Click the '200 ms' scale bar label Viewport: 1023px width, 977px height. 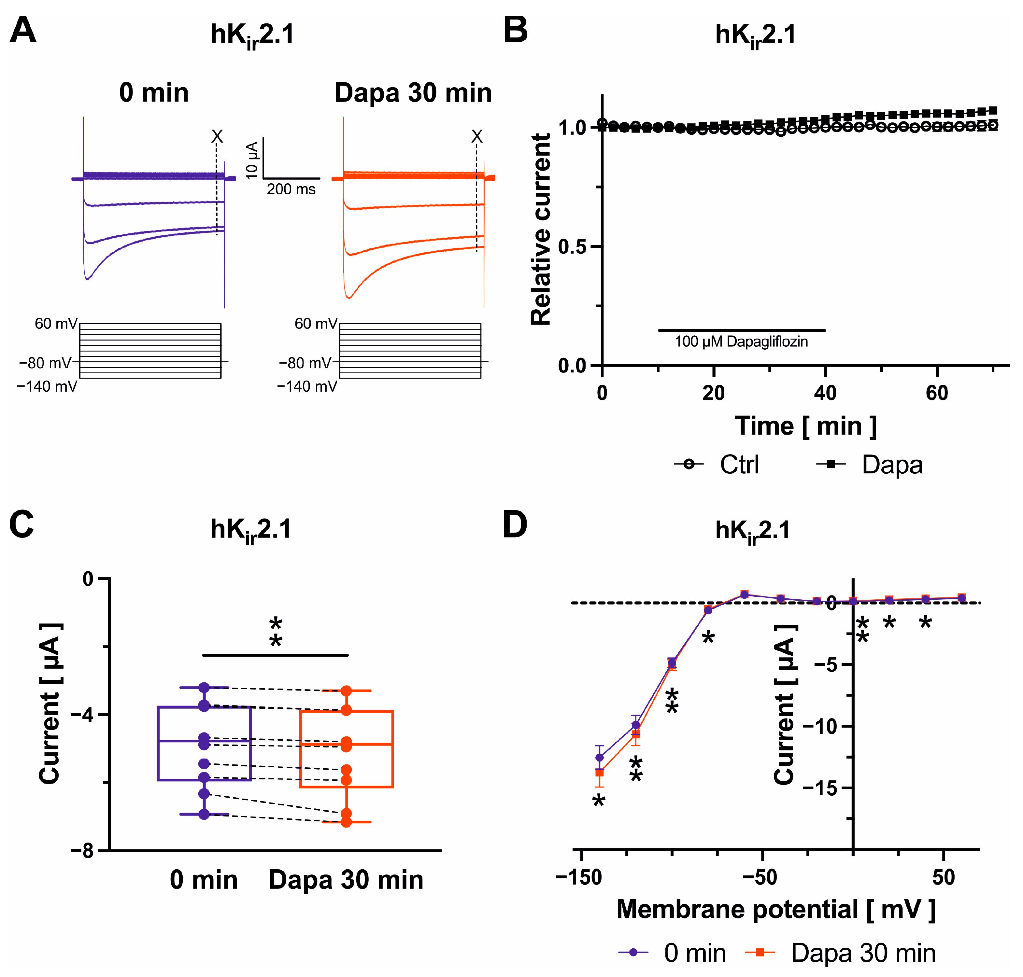(x=291, y=189)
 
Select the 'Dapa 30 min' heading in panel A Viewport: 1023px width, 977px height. (x=413, y=93)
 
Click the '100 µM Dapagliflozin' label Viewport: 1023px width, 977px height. (x=741, y=342)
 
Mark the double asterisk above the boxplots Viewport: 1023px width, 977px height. (x=276, y=632)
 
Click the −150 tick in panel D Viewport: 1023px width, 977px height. (x=579, y=877)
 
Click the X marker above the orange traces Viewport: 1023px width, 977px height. (x=476, y=136)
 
